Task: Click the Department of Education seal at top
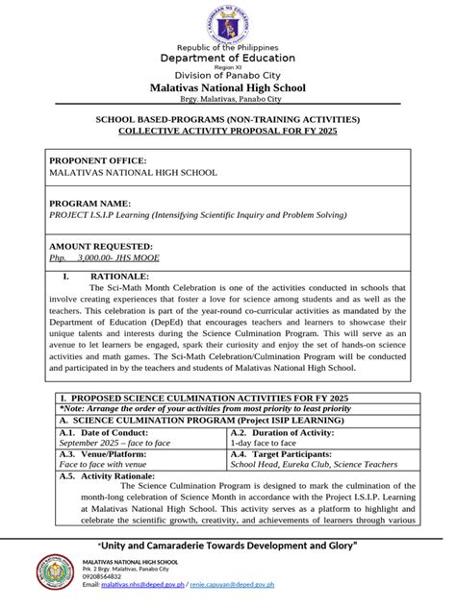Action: click(x=227, y=23)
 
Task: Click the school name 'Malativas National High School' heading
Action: click(x=227, y=87)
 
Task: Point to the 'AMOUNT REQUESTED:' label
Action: click(x=100, y=246)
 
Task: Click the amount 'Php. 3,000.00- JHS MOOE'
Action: click(x=105, y=258)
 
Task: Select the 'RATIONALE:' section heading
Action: click(x=125, y=275)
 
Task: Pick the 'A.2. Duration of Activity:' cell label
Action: click(x=287, y=433)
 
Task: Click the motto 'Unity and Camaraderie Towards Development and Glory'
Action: click(x=227, y=545)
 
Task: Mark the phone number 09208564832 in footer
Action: click(x=109, y=576)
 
